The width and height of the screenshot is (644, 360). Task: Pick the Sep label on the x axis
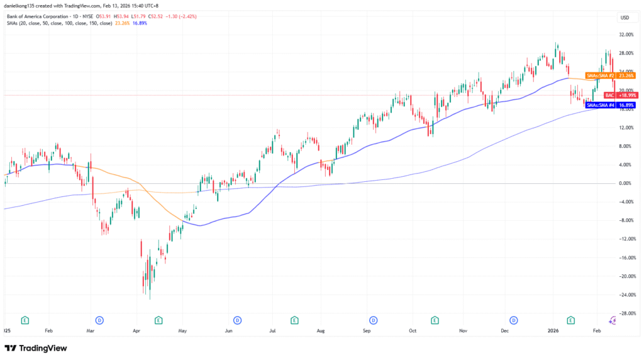point(367,329)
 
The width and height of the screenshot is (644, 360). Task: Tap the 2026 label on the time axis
point(553,329)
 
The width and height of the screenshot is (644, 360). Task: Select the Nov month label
point(463,329)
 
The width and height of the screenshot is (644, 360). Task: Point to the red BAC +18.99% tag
point(612,95)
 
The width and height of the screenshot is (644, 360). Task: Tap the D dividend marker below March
point(99,320)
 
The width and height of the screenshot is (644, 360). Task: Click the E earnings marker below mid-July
point(294,320)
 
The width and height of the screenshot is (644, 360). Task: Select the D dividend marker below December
point(514,320)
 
